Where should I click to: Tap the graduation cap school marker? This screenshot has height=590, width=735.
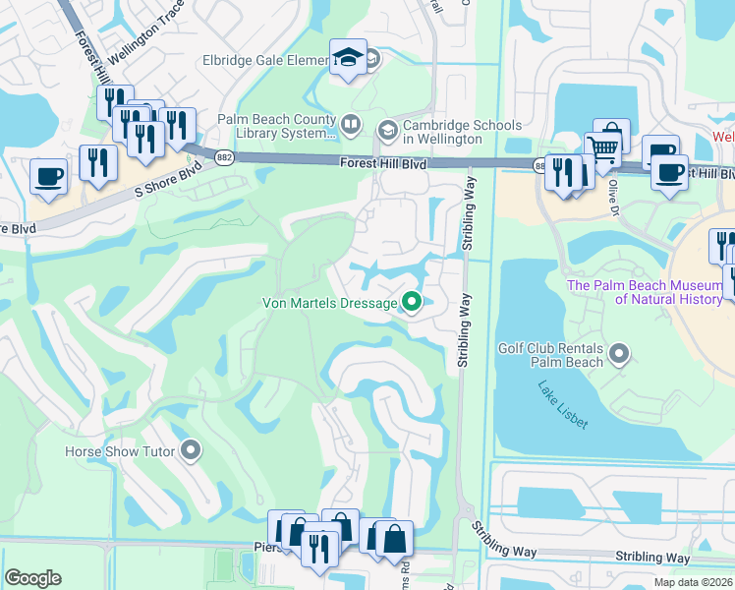[x=348, y=58]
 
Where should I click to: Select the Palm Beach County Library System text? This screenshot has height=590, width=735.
[x=276, y=126]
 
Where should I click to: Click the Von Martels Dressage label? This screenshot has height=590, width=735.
[x=329, y=303]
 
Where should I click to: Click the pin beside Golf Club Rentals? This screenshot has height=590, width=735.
[x=619, y=352]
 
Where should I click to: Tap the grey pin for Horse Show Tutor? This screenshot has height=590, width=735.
[x=192, y=451]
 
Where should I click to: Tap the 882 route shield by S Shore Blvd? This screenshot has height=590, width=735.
[x=224, y=159]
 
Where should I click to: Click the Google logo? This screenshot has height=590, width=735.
[x=32, y=577]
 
